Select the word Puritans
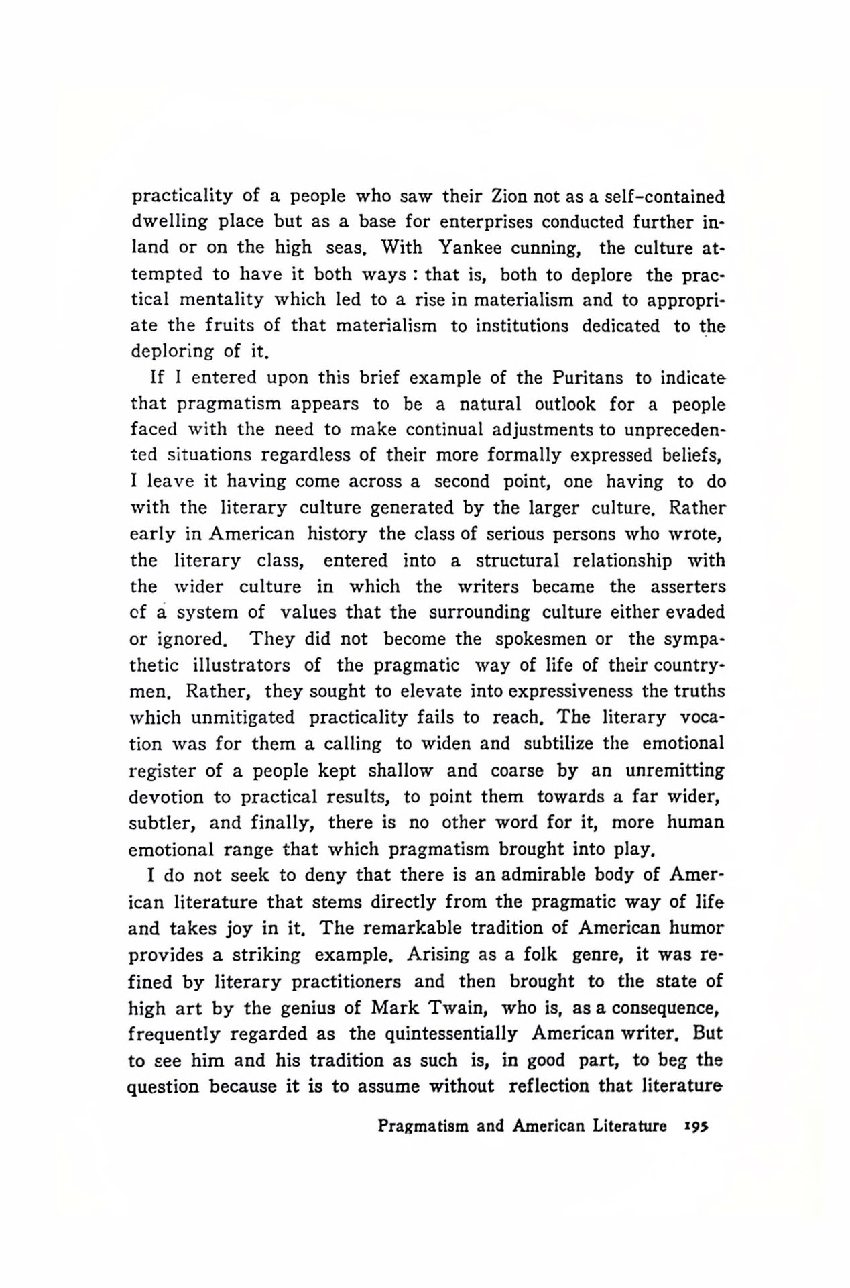tap(589, 377)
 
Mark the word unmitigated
tap(243, 718)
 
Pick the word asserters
tap(688, 586)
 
